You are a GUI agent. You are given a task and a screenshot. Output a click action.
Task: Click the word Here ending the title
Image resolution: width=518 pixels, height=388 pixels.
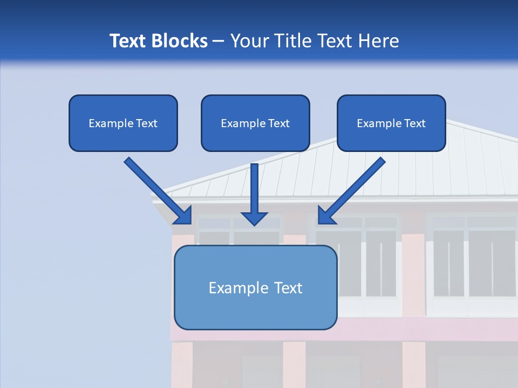point(379,41)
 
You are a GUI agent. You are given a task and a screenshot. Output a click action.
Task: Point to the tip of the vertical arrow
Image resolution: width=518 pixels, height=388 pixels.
point(255,224)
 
